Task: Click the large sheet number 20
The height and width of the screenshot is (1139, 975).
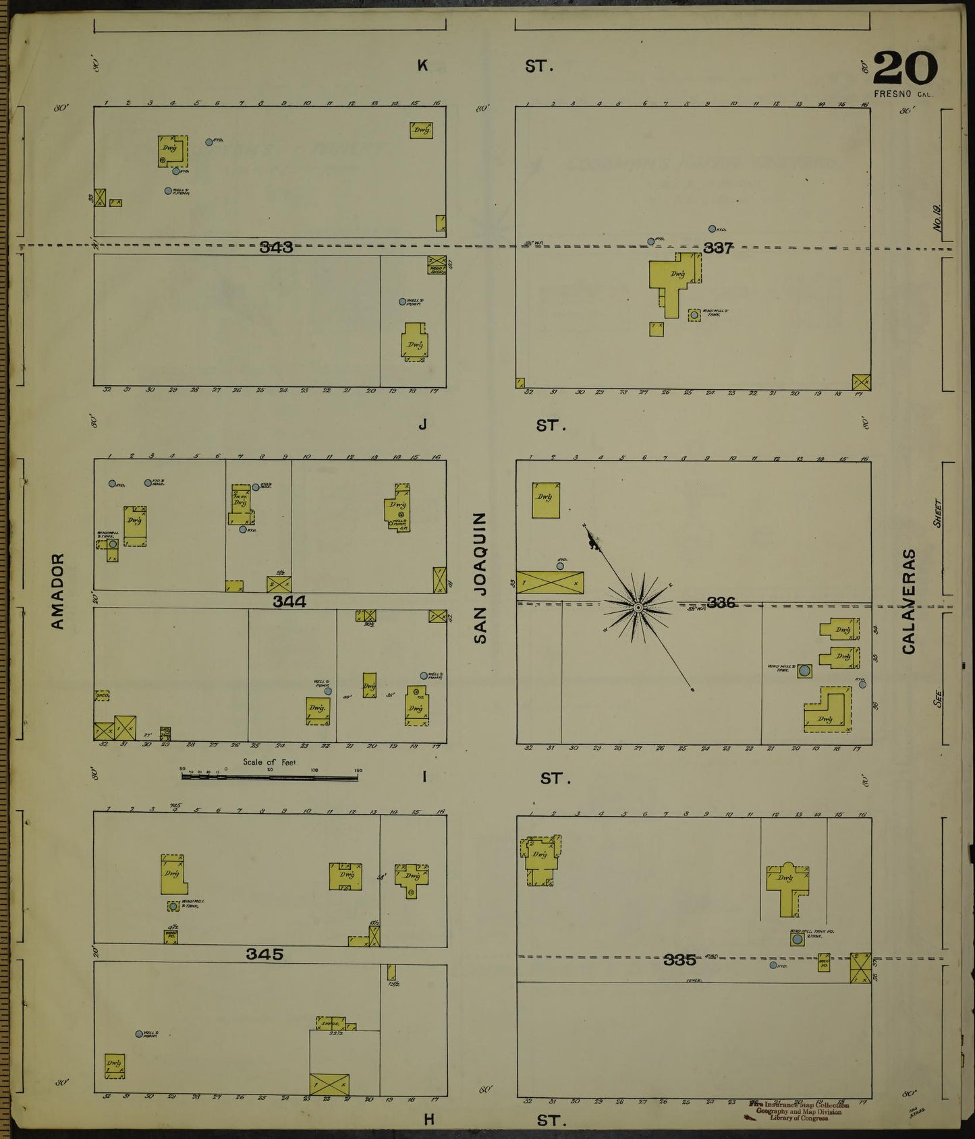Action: click(x=905, y=67)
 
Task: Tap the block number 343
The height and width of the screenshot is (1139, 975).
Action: click(x=276, y=247)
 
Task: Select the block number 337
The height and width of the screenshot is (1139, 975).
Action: click(x=718, y=248)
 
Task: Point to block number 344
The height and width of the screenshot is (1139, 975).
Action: click(x=289, y=602)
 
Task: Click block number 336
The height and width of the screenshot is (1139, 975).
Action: click(x=721, y=602)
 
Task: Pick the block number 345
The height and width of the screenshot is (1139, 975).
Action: click(x=264, y=954)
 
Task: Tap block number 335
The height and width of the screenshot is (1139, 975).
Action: click(x=679, y=960)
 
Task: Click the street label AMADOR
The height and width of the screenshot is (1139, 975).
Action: click(x=58, y=592)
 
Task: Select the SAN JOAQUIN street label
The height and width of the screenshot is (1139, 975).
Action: click(x=480, y=577)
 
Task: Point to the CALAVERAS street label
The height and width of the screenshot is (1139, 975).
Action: click(x=909, y=602)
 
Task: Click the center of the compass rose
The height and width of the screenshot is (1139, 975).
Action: click(x=637, y=608)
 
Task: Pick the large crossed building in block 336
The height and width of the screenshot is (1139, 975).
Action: click(x=550, y=583)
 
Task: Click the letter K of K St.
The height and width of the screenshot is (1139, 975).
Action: click(x=422, y=65)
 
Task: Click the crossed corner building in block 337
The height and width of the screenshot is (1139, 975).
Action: click(x=860, y=382)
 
